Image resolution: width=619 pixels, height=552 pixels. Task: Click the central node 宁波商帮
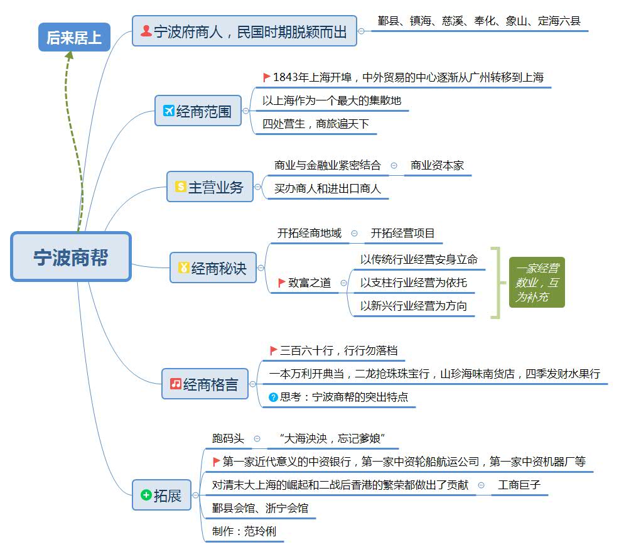pos(71,257)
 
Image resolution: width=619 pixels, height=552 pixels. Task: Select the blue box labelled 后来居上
pos(74,38)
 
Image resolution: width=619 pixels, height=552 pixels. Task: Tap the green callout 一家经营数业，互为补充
pos(537,283)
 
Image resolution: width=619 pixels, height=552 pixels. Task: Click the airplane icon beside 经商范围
pos(168,111)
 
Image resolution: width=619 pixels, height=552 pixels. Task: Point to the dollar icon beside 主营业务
pos(181,187)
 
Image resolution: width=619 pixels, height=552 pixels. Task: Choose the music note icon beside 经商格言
pos(176,383)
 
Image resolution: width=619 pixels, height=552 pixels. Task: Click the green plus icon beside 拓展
pos(146,495)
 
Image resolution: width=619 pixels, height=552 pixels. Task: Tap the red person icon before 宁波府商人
pos(146,30)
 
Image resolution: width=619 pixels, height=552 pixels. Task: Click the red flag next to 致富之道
pos(282,283)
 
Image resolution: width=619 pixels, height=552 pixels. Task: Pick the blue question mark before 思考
pos(273,397)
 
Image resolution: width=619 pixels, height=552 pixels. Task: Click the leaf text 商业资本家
pos(437,166)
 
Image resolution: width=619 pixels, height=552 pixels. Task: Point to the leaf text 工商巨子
pos(519,485)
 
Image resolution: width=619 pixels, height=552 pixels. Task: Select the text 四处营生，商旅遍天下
pos(316,124)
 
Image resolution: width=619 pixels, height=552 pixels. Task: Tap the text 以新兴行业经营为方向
pos(413,306)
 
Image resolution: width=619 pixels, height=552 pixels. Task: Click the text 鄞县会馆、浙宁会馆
pos(260,508)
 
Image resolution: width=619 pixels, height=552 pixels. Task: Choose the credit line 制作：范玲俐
pos(244,531)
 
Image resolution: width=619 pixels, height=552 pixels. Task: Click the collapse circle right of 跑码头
pos(257,438)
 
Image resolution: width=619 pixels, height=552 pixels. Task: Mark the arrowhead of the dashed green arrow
pos(69,55)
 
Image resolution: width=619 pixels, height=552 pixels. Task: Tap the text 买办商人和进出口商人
pos(328,188)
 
